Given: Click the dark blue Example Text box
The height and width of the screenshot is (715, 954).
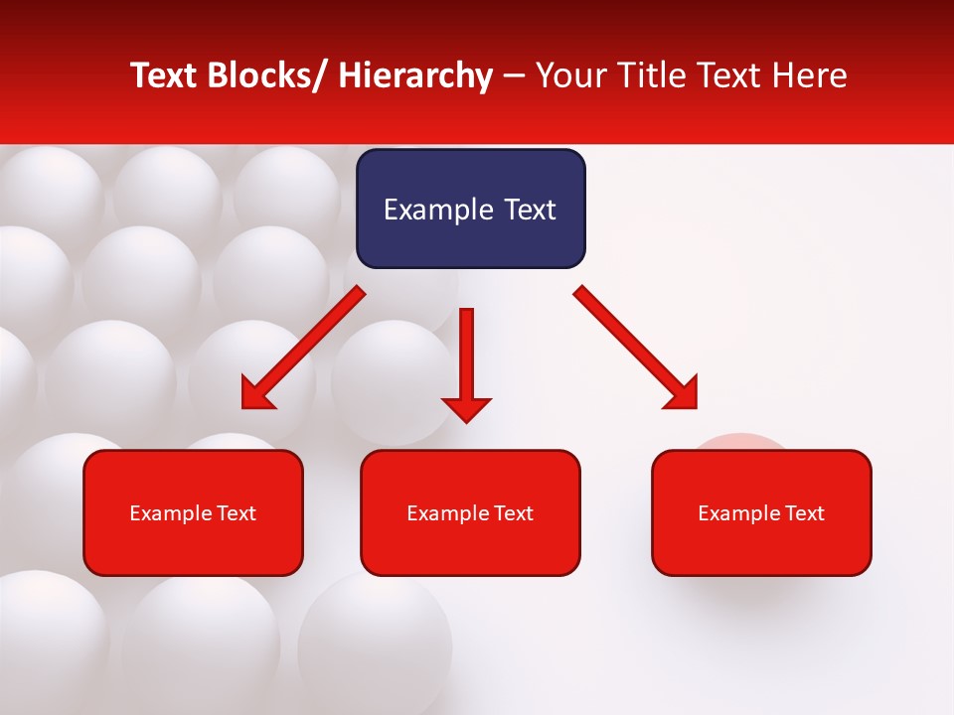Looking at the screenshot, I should [470, 209].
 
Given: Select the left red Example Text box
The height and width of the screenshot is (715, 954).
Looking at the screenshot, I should [193, 512].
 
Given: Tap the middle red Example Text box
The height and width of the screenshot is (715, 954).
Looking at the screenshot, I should [470, 512].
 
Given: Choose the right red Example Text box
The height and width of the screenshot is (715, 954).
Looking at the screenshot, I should [761, 512].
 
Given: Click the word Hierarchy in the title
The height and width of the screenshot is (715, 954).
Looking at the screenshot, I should [415, 75].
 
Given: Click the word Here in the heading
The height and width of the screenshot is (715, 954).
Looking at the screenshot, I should [808, 75].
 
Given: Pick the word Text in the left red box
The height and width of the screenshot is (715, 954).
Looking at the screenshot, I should [236, 513].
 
